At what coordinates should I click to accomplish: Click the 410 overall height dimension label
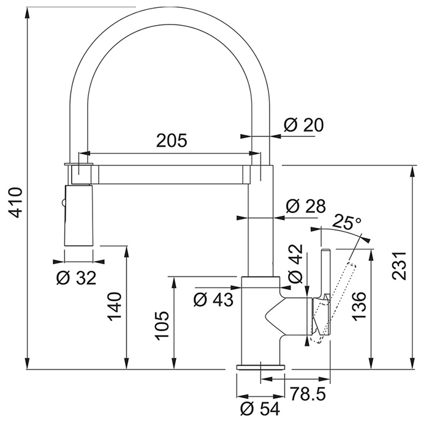15,202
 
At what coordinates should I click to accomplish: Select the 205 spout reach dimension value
172,140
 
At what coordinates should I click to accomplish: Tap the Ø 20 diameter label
304,125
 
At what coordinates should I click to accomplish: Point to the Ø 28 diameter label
306,206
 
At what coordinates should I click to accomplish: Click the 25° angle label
347,223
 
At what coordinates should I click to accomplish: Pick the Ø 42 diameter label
296,264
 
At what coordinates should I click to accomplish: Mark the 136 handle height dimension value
359,306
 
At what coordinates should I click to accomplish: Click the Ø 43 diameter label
213,300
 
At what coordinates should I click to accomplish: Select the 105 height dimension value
162,326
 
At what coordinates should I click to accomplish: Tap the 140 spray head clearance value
115,306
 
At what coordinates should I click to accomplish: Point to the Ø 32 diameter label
77,278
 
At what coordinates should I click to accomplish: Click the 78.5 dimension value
308,394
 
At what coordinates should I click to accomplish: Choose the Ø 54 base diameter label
260,409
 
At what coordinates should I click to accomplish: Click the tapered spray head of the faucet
78,216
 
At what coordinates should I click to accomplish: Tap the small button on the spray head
64,203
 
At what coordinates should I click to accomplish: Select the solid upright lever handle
326,292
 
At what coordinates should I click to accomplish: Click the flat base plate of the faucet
260,367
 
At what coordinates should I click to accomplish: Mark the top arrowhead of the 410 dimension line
28,13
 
